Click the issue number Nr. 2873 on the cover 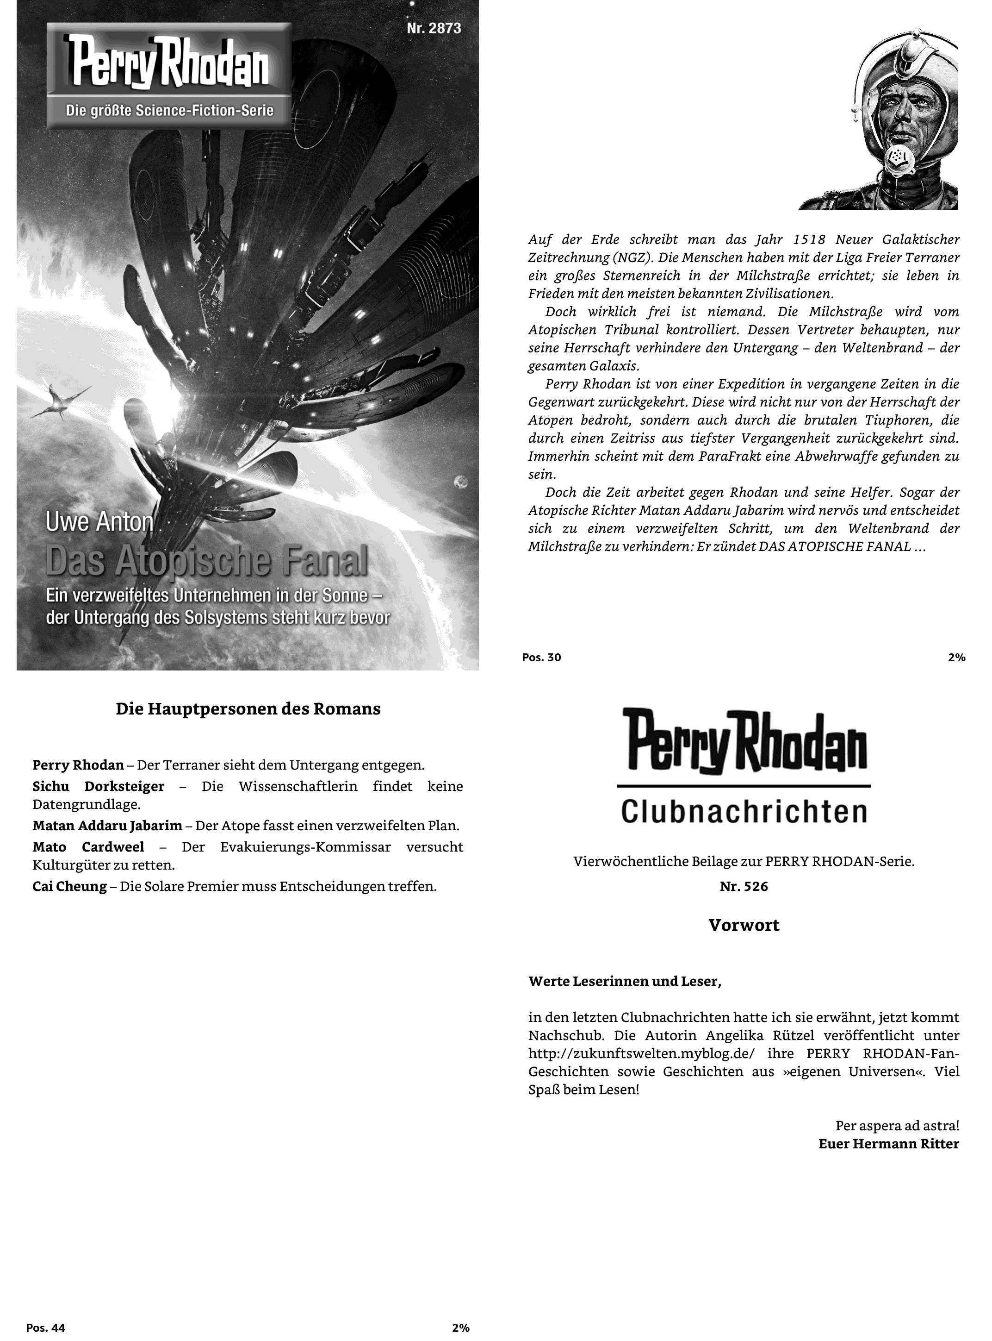(434, 28)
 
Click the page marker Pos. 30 (541, 657)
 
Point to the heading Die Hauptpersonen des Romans (248, 709)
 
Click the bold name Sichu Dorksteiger (99, 786)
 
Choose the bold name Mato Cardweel (88, 846)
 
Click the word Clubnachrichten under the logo (744, 811)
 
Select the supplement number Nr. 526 (744, 887)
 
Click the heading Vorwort (744, 925)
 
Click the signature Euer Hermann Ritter (888, 1143)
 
